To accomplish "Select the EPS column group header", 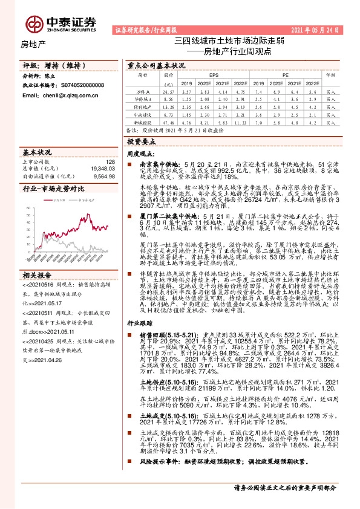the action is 206,75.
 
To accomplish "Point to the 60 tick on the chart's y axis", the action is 28,208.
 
